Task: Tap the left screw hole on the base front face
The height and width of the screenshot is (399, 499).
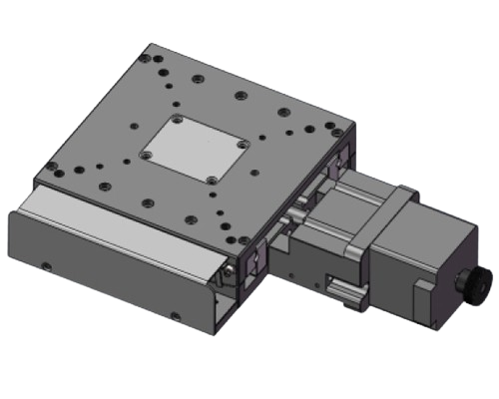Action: coord(47,265)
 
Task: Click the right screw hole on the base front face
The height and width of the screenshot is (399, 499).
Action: coord(175,318)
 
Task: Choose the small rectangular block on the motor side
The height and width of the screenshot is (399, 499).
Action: coord(420,295)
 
